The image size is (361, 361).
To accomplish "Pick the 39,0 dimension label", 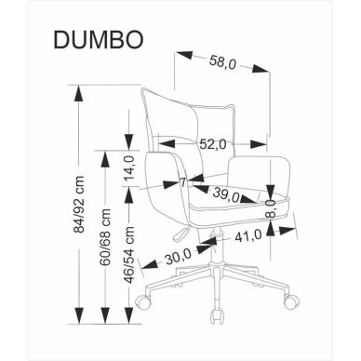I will click(x=223, y=194).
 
